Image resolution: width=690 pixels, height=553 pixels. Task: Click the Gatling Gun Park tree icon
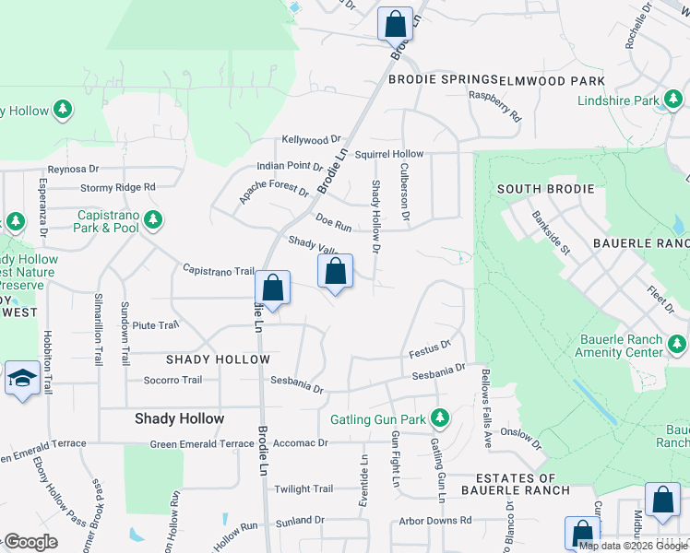[441, 419]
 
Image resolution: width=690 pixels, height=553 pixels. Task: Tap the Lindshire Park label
[619, 100]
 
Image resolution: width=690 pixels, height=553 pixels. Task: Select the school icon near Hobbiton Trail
[22, 380]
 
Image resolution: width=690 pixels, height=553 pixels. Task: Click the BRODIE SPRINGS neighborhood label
[443, 80]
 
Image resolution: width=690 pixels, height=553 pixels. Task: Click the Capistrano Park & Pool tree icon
[153, 220]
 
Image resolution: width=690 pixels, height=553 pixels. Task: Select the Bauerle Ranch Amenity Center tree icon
[677, 346]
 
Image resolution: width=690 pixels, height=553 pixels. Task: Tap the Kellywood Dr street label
[312, 139]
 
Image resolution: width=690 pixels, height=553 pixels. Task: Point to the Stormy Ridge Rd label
[117, 187]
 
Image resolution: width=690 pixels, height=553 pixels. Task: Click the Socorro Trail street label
[172, 380]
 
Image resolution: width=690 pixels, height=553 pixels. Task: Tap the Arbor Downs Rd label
[434, 521]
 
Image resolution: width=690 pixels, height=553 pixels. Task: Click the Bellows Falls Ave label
[484, 406]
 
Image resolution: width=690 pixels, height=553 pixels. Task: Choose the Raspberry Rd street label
[495, 106]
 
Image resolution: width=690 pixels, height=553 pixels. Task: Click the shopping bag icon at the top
[395, 24]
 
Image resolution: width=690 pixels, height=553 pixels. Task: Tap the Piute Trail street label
[155, 325]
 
